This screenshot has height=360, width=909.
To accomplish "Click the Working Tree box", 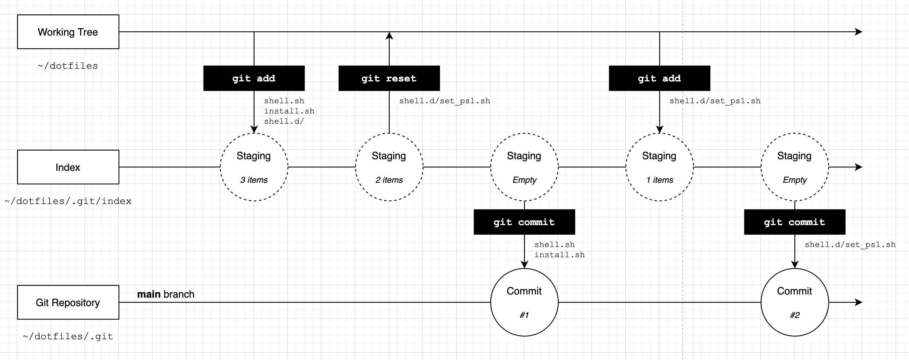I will [x=68, y=32].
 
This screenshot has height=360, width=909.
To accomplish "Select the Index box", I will [x=68, y=167].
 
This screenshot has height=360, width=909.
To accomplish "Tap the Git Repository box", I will [x=68, y=302].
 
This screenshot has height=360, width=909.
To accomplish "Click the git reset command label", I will [x=389, y=78].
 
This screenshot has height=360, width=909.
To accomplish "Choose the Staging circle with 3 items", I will [x=254, y=167].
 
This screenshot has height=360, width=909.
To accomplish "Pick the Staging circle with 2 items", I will [x=389, y=167].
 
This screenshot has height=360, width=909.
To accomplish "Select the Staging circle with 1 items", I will [x=659, y=167].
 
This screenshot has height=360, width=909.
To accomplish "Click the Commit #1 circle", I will [x=524, y=302].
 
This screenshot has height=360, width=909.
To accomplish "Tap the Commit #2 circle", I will [x=794, y=302].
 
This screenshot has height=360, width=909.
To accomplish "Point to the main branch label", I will [x=165, y=294].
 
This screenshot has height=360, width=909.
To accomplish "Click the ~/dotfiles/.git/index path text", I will [x=68, y=201].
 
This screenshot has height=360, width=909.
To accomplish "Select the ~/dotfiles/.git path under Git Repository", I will [x=68, y=336].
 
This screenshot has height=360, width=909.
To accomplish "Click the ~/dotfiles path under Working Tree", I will [x=68, y=66].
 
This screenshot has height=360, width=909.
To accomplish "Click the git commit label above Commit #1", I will [x=524, y=222].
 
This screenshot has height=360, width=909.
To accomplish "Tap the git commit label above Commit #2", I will [x=794, y=222].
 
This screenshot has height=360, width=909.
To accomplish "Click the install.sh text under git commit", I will [x=559, y=255].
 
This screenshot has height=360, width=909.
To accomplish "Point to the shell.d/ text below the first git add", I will [x=284, y=122].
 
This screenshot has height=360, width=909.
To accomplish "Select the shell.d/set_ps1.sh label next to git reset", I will [x=445, y=101].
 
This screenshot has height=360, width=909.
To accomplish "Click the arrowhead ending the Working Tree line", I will [x=859, y=32].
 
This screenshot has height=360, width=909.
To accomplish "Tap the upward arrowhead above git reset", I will [x=389, y=35].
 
